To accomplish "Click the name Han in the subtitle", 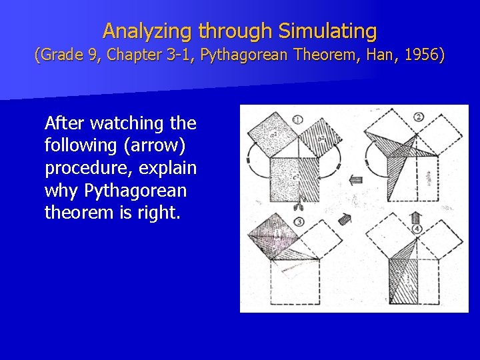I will pos(377,55).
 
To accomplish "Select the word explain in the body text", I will pos(168,167).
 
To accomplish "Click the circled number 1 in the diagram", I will pos(297,120).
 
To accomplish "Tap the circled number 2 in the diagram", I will pos(419,118).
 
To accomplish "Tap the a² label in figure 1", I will pos(274,137).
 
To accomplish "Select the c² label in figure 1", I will pos(294,176).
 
